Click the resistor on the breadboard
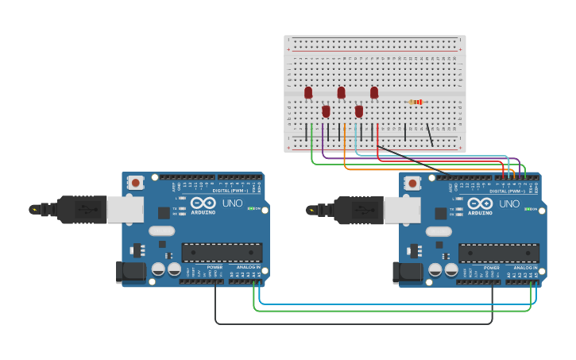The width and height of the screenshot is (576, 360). click(x=416, y=102)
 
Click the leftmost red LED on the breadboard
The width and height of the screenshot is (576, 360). click(x=308, y=93)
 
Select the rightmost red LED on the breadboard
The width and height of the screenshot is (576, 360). click(x=374, y=93)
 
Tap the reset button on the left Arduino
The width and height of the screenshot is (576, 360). click(x=136, y=183)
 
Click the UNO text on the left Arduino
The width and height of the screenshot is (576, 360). click(x=232, y=203)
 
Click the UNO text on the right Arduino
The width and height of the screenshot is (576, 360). click(x=509, y=203)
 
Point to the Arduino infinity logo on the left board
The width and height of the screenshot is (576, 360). click(x=203, y=203)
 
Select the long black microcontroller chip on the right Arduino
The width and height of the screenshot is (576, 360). click(x=499, y=253)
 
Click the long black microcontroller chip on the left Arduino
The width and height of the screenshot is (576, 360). click(x=222, y=253)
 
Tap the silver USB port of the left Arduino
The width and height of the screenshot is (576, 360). click(x=125, y=209)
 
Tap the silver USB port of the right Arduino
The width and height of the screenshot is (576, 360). click(x=402, y=209)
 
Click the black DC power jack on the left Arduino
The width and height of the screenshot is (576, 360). click(x=131, y=272)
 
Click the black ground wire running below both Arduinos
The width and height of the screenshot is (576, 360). click(x=350, y=323)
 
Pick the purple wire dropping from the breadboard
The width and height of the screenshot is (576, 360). click(x=324, y=143)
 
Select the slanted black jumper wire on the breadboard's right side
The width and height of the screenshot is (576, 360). click(x=430, y=134)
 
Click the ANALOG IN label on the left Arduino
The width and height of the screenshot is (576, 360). click(x=248, y=267)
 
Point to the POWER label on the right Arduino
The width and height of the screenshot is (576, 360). click(x=492, y=267)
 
